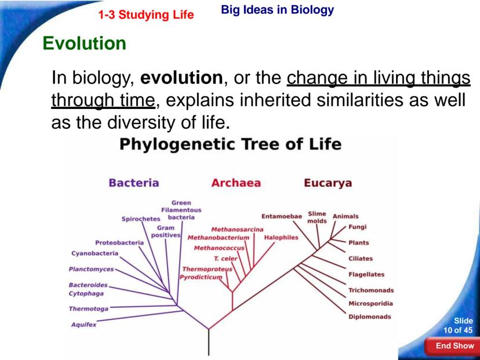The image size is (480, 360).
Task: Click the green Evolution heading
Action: click(85, 43)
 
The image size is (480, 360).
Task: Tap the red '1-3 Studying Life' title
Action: click(146, 14)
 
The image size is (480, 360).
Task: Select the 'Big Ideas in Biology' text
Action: click(277, 9)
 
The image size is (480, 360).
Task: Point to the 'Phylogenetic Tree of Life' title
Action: click(230, 144)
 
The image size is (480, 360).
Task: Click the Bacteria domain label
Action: click(134, 183)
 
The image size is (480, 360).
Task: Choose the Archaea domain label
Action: click(236, 183)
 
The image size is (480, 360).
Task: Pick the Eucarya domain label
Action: click(328, 183)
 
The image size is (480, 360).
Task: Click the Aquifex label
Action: click(83, 325)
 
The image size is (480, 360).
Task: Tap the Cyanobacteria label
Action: click(94, 253)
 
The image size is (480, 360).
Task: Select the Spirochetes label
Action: click(141, 219)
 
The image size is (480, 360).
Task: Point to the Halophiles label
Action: click(281, 238)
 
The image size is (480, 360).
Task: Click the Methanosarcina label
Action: click(237, 230)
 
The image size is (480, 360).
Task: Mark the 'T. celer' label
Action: click(226, 259)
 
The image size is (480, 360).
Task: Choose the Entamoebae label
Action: click(282, 216)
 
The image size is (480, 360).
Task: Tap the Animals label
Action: click(346, 216)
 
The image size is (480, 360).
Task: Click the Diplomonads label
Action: click(370, 317)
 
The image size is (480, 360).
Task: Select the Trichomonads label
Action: click(371, 290)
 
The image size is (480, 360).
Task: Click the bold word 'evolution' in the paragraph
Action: click(181, 78)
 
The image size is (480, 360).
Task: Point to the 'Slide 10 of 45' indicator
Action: click(459, 325)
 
